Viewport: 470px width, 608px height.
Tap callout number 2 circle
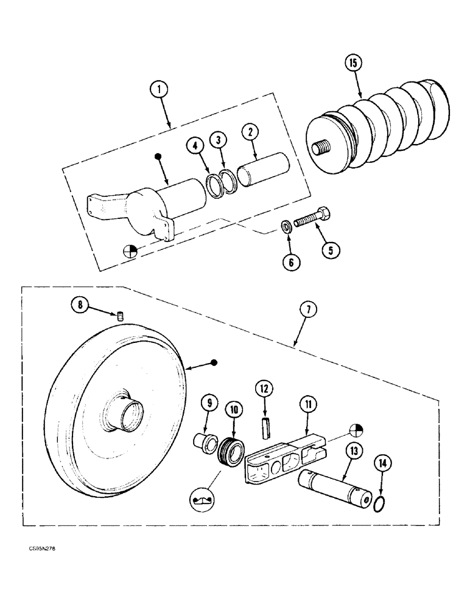coord(250,132)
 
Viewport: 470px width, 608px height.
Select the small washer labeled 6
coord(286,227)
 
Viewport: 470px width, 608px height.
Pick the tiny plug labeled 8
coord(120,316)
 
